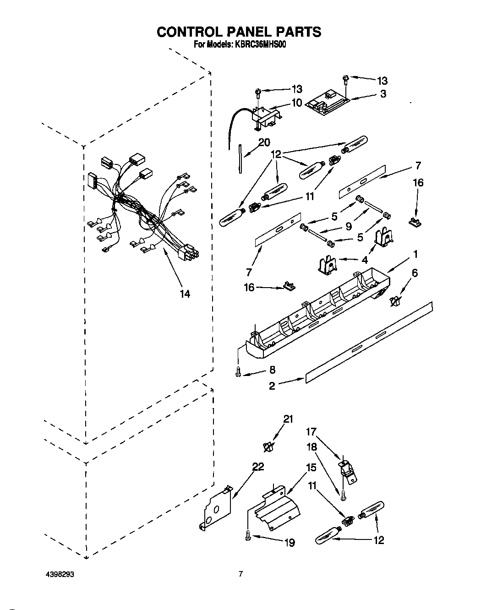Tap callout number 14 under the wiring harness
pos(185,294)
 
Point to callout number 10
pos(297,103)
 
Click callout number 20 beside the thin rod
pos(264,142)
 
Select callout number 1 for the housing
pos(415,253)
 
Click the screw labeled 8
pos(238,372)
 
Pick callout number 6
pos(415,273)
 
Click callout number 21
pos(287,419)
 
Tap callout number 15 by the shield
pos(311,468)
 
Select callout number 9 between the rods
pos(349,226)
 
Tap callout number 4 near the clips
pos(364,260)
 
